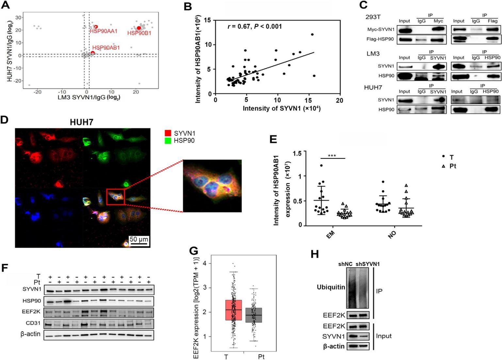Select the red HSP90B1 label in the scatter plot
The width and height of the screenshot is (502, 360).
coord(139,33)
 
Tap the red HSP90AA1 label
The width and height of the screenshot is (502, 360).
coord(104,31)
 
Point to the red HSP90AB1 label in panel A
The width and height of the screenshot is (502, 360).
coord(106,48)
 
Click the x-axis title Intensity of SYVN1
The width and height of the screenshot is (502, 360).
coord(281,108)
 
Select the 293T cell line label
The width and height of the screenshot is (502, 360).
coord(373,17)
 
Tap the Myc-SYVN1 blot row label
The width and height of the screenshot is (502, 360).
coord(381,30)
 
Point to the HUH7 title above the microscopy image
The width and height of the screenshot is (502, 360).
coord(82,122)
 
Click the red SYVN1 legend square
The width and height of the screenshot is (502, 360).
coord(168,133)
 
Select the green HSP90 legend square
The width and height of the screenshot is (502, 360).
coord(168,141)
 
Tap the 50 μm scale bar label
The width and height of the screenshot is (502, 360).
coord(139,239)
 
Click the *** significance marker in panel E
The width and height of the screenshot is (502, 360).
coord(332,156)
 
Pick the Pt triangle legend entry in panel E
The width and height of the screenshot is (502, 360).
coord(449,166)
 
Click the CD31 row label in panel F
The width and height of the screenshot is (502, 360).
coord(33,323)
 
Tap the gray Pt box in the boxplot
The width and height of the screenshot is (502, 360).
coord(254,315)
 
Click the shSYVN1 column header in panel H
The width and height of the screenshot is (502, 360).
coord(367,264)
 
